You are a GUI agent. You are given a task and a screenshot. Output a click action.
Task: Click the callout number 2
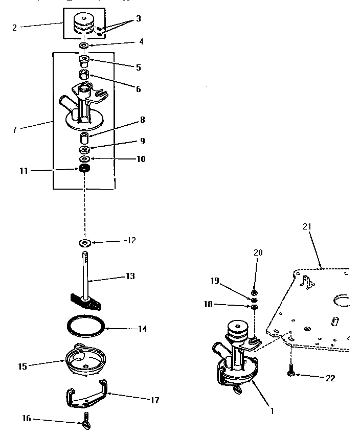point(14,28)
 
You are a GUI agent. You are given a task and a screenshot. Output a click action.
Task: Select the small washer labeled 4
point(84,46)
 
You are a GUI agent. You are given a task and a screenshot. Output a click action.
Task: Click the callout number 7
point(14,130)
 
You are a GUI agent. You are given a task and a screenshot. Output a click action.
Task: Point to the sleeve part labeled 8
point(84,137)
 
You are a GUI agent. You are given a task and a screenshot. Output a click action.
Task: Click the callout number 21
point(306,226)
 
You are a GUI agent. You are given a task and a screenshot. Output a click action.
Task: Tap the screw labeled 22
point(291,372)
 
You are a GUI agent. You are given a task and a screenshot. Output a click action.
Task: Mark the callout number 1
point(272,410)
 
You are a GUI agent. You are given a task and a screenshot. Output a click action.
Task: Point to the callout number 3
point(138,18)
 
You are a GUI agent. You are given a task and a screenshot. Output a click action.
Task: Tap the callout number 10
point(141,159)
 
